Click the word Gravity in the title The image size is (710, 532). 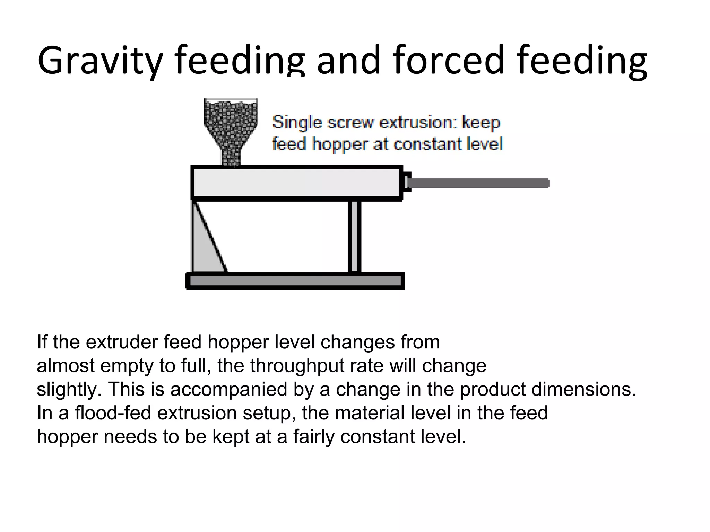tap(100, 61)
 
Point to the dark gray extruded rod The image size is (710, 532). tap(478, 183)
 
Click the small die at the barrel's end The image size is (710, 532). tap(406, 182)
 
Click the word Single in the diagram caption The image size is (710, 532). tap(297, 123)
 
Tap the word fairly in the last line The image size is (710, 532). tap(314, 436)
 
